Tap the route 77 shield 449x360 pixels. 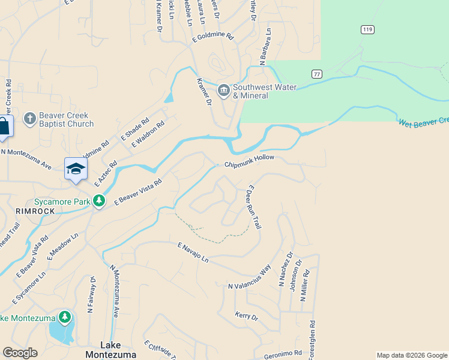317,74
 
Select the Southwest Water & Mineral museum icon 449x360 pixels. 224,91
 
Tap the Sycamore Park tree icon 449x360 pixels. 100,201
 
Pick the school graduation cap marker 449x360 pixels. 76,169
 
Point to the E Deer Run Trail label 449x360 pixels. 253,207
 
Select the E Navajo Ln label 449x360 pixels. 193,253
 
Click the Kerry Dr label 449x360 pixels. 246,316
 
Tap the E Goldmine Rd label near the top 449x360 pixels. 212,38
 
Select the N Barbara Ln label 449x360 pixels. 265,46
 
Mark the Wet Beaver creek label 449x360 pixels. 423,122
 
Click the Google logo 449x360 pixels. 20,353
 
